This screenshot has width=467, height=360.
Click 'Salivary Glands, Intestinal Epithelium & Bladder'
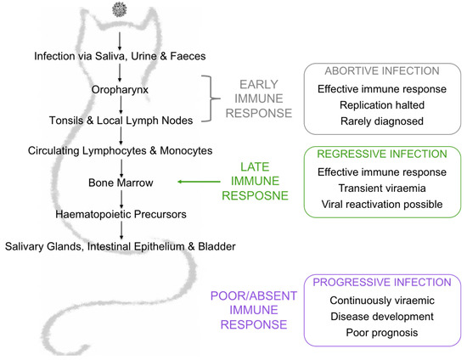120,245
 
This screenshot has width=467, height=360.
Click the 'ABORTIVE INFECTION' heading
376,70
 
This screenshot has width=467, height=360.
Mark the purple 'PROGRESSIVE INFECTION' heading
376,282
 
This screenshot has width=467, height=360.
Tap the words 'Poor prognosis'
376,332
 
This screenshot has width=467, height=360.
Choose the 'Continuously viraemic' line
376,300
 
